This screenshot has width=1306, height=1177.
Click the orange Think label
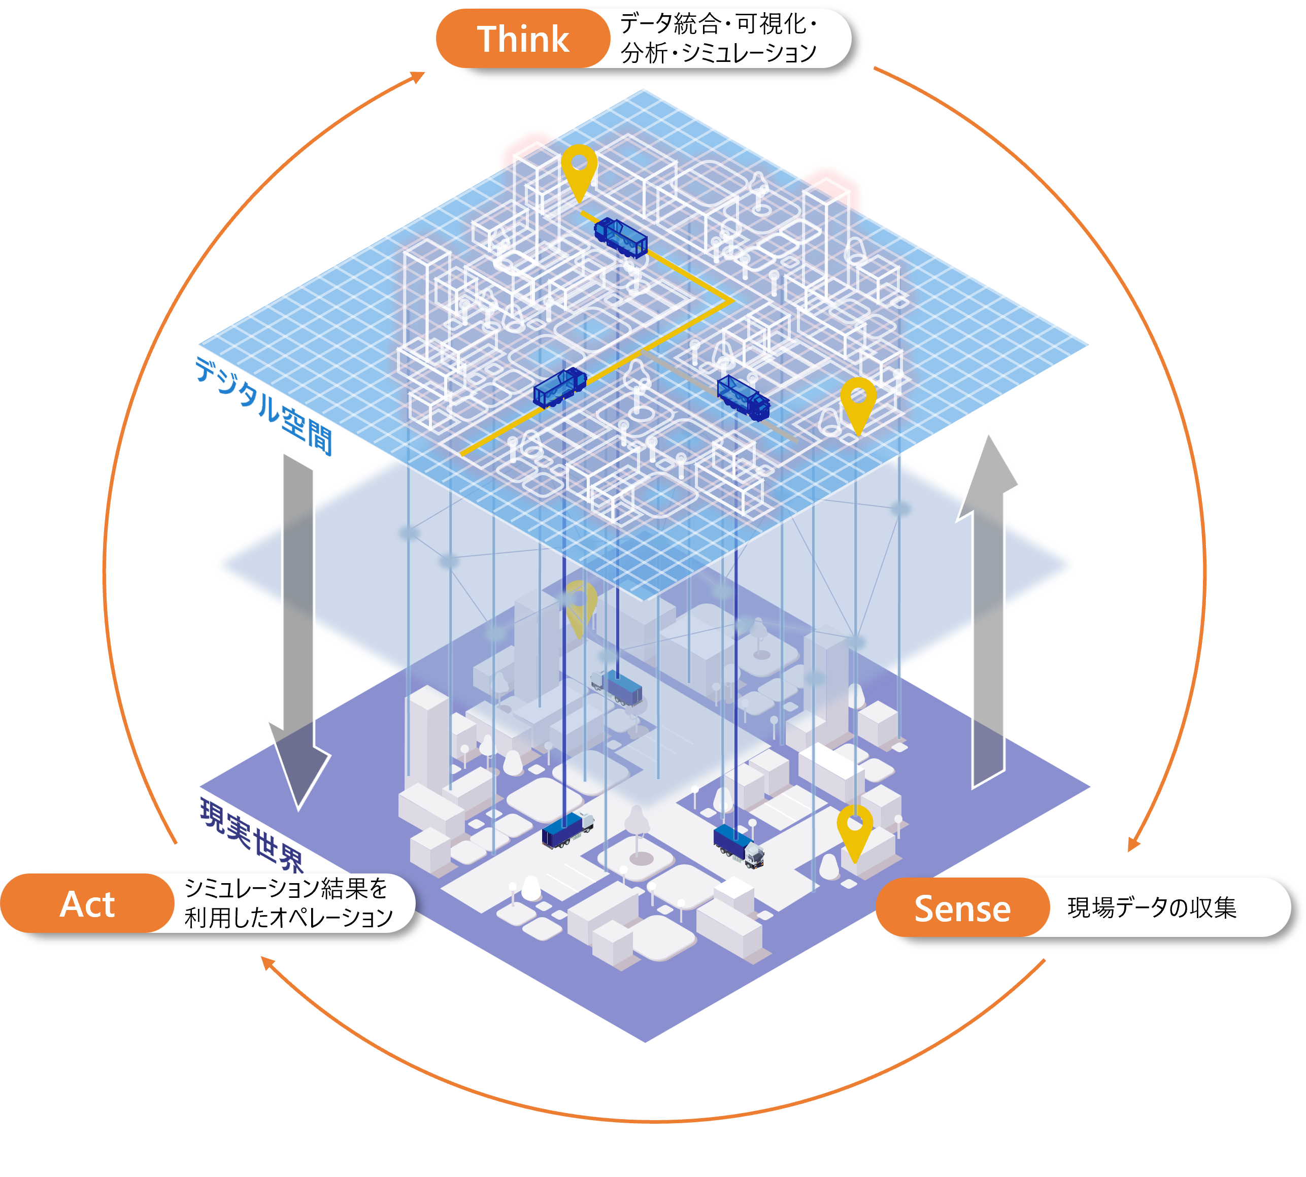point(523,39)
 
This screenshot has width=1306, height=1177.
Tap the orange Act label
point(87,903)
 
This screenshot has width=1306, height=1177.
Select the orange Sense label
point(962,908)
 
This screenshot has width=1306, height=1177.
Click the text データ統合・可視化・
point(718,24)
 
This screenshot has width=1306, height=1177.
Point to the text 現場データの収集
point(1151,908)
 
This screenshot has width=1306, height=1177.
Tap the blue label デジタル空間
point(264,406)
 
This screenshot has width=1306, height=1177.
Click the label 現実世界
point(251,834)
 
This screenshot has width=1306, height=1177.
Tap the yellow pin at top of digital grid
point(579,170)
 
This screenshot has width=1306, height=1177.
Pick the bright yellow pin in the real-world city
point(854,830)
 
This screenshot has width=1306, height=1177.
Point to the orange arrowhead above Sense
point(1133,845)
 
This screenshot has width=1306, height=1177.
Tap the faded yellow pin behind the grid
point(581,607)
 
